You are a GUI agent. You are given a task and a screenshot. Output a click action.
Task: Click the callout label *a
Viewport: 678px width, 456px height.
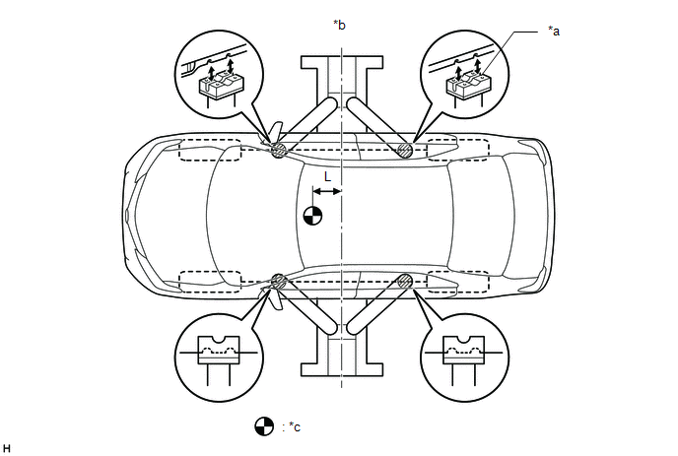(554, 32)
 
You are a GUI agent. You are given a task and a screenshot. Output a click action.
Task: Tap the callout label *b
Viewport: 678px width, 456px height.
(340, 24)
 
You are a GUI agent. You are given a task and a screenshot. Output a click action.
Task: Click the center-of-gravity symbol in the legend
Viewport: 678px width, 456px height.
(263, 426)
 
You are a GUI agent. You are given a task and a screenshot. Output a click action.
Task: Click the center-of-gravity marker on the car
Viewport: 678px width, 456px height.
(312, 216)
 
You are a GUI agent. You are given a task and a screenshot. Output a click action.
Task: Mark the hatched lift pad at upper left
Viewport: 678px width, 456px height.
(279, 150)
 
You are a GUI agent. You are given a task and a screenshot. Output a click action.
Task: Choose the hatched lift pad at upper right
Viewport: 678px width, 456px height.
(404, 150)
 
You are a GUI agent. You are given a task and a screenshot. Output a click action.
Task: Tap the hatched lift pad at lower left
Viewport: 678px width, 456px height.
(279, 281)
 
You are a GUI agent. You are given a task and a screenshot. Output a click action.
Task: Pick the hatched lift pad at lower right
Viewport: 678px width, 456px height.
(404, 281)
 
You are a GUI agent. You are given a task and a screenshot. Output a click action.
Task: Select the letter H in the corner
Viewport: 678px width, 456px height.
(7, 447)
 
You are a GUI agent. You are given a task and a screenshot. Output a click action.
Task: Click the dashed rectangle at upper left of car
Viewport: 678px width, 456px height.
(210, 151)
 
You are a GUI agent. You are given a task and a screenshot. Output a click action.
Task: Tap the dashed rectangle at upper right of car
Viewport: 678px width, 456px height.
(456, 149)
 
